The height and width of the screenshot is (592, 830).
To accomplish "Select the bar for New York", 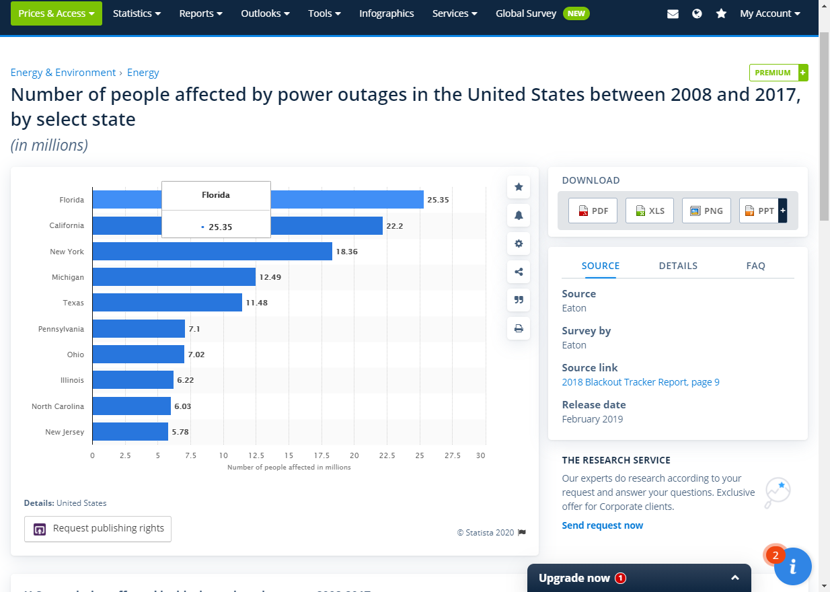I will point(212,252).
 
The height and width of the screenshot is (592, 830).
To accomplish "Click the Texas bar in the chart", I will point(167,303).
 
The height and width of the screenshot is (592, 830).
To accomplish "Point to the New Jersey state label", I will point(65,432).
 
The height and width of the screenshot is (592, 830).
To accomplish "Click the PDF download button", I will point(593,211).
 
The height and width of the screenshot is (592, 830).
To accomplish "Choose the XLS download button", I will point(649,211).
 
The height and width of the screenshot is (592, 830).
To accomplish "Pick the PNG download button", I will point(706,211).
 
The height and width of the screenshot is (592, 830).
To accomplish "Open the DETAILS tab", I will point(678,266).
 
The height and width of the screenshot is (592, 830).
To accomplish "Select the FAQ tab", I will point(755,266).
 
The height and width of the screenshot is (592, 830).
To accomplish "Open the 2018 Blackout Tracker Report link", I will point(640,382).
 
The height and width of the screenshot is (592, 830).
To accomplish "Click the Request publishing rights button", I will point(98,529).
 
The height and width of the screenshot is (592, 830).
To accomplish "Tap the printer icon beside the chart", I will point(519,329).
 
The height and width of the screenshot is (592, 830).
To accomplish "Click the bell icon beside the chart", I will point(519,215).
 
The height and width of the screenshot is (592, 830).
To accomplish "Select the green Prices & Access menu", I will point(56,13).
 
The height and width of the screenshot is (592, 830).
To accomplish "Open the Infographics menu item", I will point(386,13).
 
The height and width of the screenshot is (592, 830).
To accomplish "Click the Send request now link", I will point(602,525).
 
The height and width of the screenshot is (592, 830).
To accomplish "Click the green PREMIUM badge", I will point(773,73).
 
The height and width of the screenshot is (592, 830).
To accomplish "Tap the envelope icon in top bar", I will point(673,13).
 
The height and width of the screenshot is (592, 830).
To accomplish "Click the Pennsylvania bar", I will point(139,329).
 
